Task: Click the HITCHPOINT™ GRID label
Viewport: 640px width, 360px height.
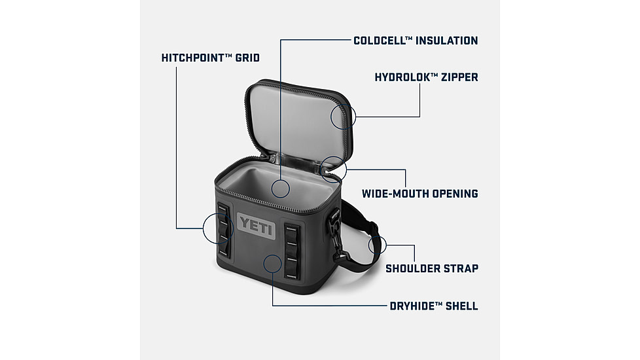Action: (x=210, y=58)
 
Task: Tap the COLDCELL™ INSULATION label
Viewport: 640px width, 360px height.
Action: (x=416, y=41)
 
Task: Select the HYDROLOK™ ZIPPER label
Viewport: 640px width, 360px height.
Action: (x=426, y=77)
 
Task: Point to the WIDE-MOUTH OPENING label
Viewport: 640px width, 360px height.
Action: (x=419, y=194)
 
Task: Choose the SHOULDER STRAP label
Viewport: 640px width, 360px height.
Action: (x=431, y=268)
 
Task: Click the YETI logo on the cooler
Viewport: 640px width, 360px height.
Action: (x=253, y=225)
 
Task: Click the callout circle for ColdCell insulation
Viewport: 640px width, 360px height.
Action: (x=280, y=189)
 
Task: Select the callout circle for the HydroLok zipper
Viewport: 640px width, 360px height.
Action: (x=343, y=117)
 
